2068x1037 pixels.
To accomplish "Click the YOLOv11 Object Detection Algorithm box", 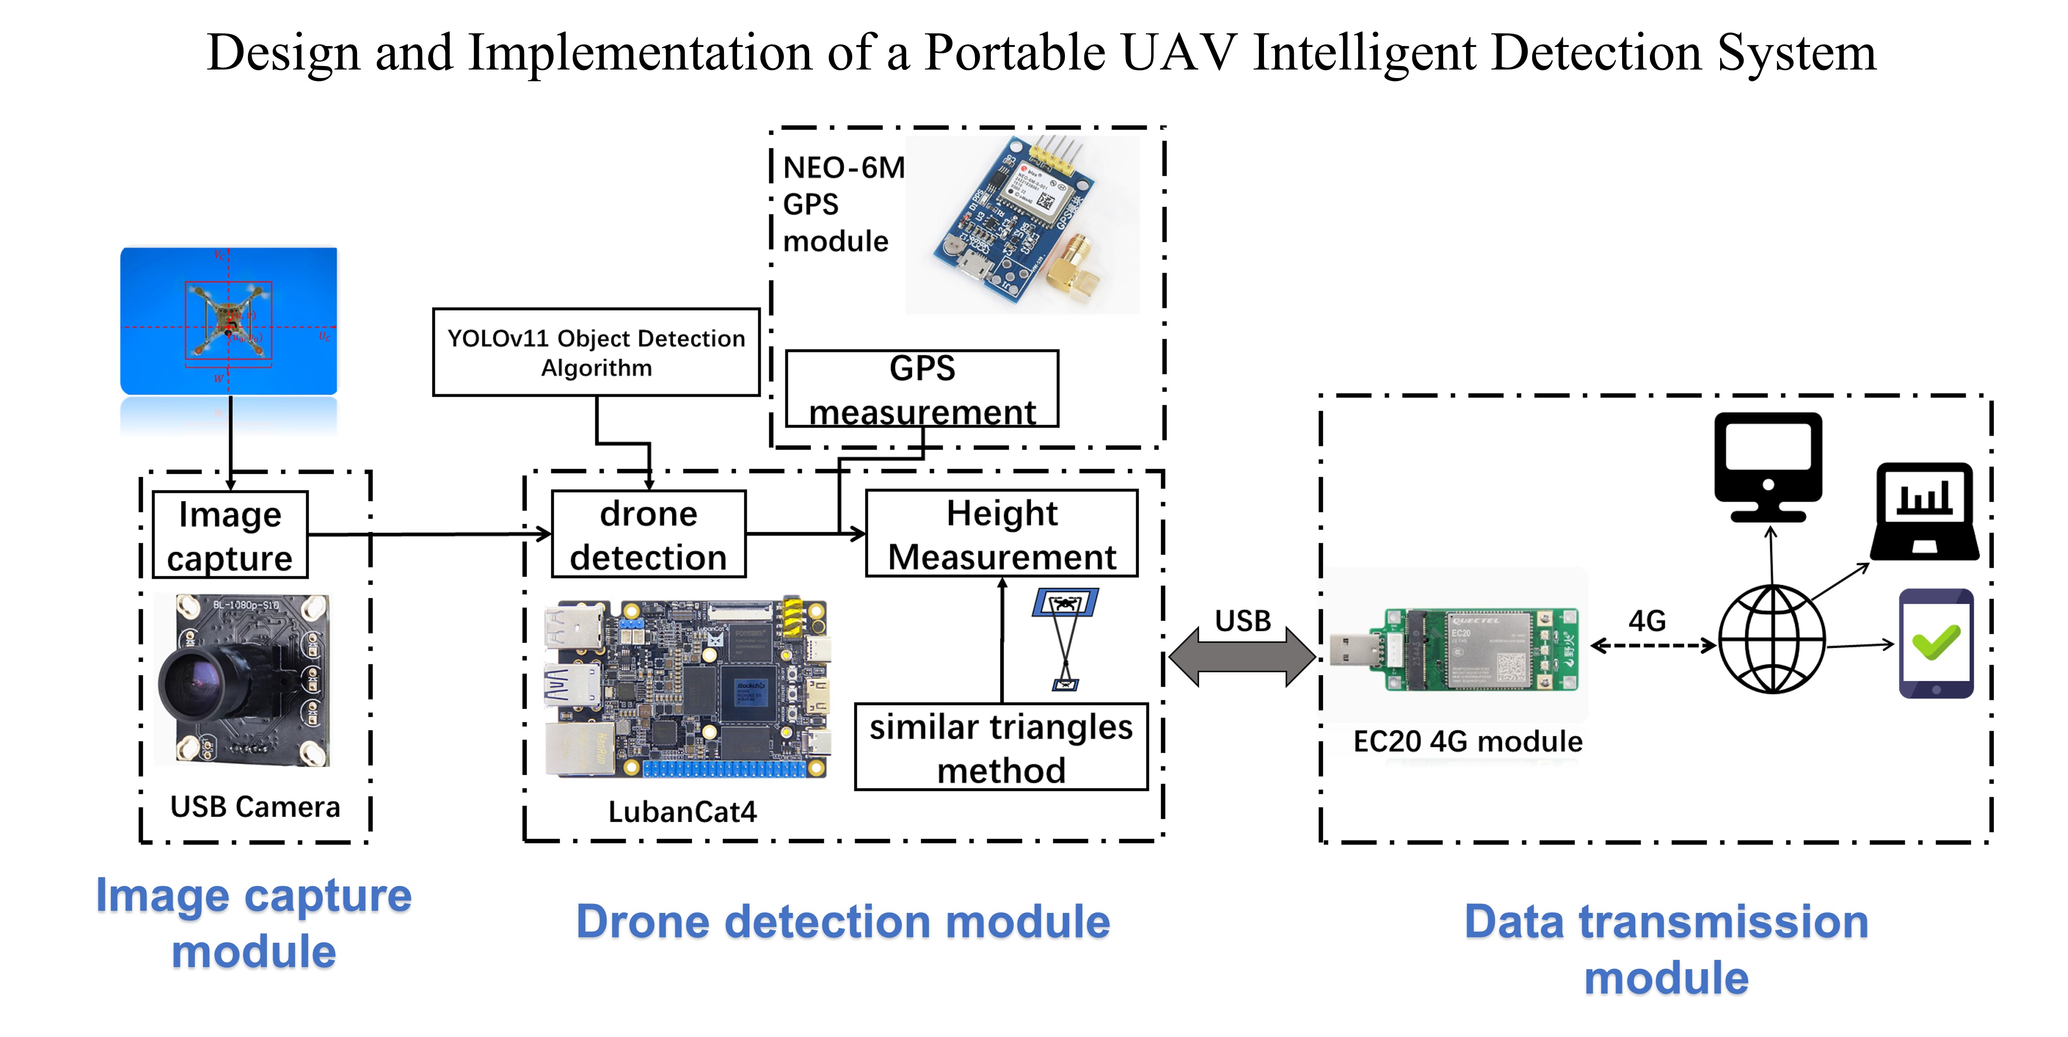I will [x=596, y=353].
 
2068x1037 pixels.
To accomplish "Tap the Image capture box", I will [x=230, y=535].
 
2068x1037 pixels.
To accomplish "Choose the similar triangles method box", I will [x=1001, y=747].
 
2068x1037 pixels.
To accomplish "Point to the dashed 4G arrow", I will [x=1652, y=645].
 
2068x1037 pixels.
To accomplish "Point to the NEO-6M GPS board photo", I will [x=1021, y=223].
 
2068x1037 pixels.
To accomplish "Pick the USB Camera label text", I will [x=255, y=806].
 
